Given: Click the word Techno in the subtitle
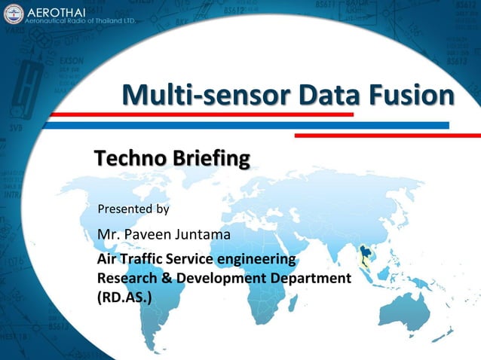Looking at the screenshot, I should coord(130,159).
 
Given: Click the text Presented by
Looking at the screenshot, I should coord(133,208).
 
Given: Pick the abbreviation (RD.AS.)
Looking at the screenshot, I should coord(124,297).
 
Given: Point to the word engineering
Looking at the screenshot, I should coord(252,259).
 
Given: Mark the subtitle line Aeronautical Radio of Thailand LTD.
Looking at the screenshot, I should coord(81,22).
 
